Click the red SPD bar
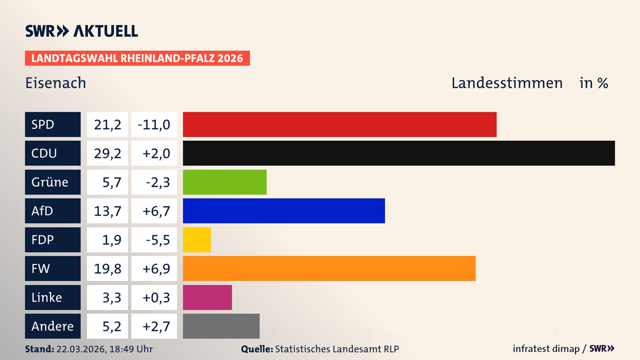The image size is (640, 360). click(339, 124)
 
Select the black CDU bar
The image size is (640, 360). click(399, 153)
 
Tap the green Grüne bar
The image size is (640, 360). click(225, 182)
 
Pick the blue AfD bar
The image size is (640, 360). click(284, 211)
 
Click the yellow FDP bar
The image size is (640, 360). click(197, 240)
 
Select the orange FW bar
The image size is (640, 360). click(329, 268)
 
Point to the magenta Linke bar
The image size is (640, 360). click(207, 297)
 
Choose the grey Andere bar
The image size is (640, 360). click(221, 326)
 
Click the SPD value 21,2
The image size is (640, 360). click(107, 125)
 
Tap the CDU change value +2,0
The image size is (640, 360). click(156, 153)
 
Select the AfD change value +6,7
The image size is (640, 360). click(156, 211)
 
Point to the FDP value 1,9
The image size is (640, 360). click(111, 240)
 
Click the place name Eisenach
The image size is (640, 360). click(56, 83)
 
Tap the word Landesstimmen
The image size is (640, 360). click(507, 83)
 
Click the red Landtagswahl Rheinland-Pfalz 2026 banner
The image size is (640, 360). click(137, 58)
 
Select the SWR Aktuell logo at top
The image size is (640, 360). click(81, 31)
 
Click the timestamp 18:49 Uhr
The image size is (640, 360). click(131, 349)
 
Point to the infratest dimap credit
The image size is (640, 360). click(546, 349)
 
